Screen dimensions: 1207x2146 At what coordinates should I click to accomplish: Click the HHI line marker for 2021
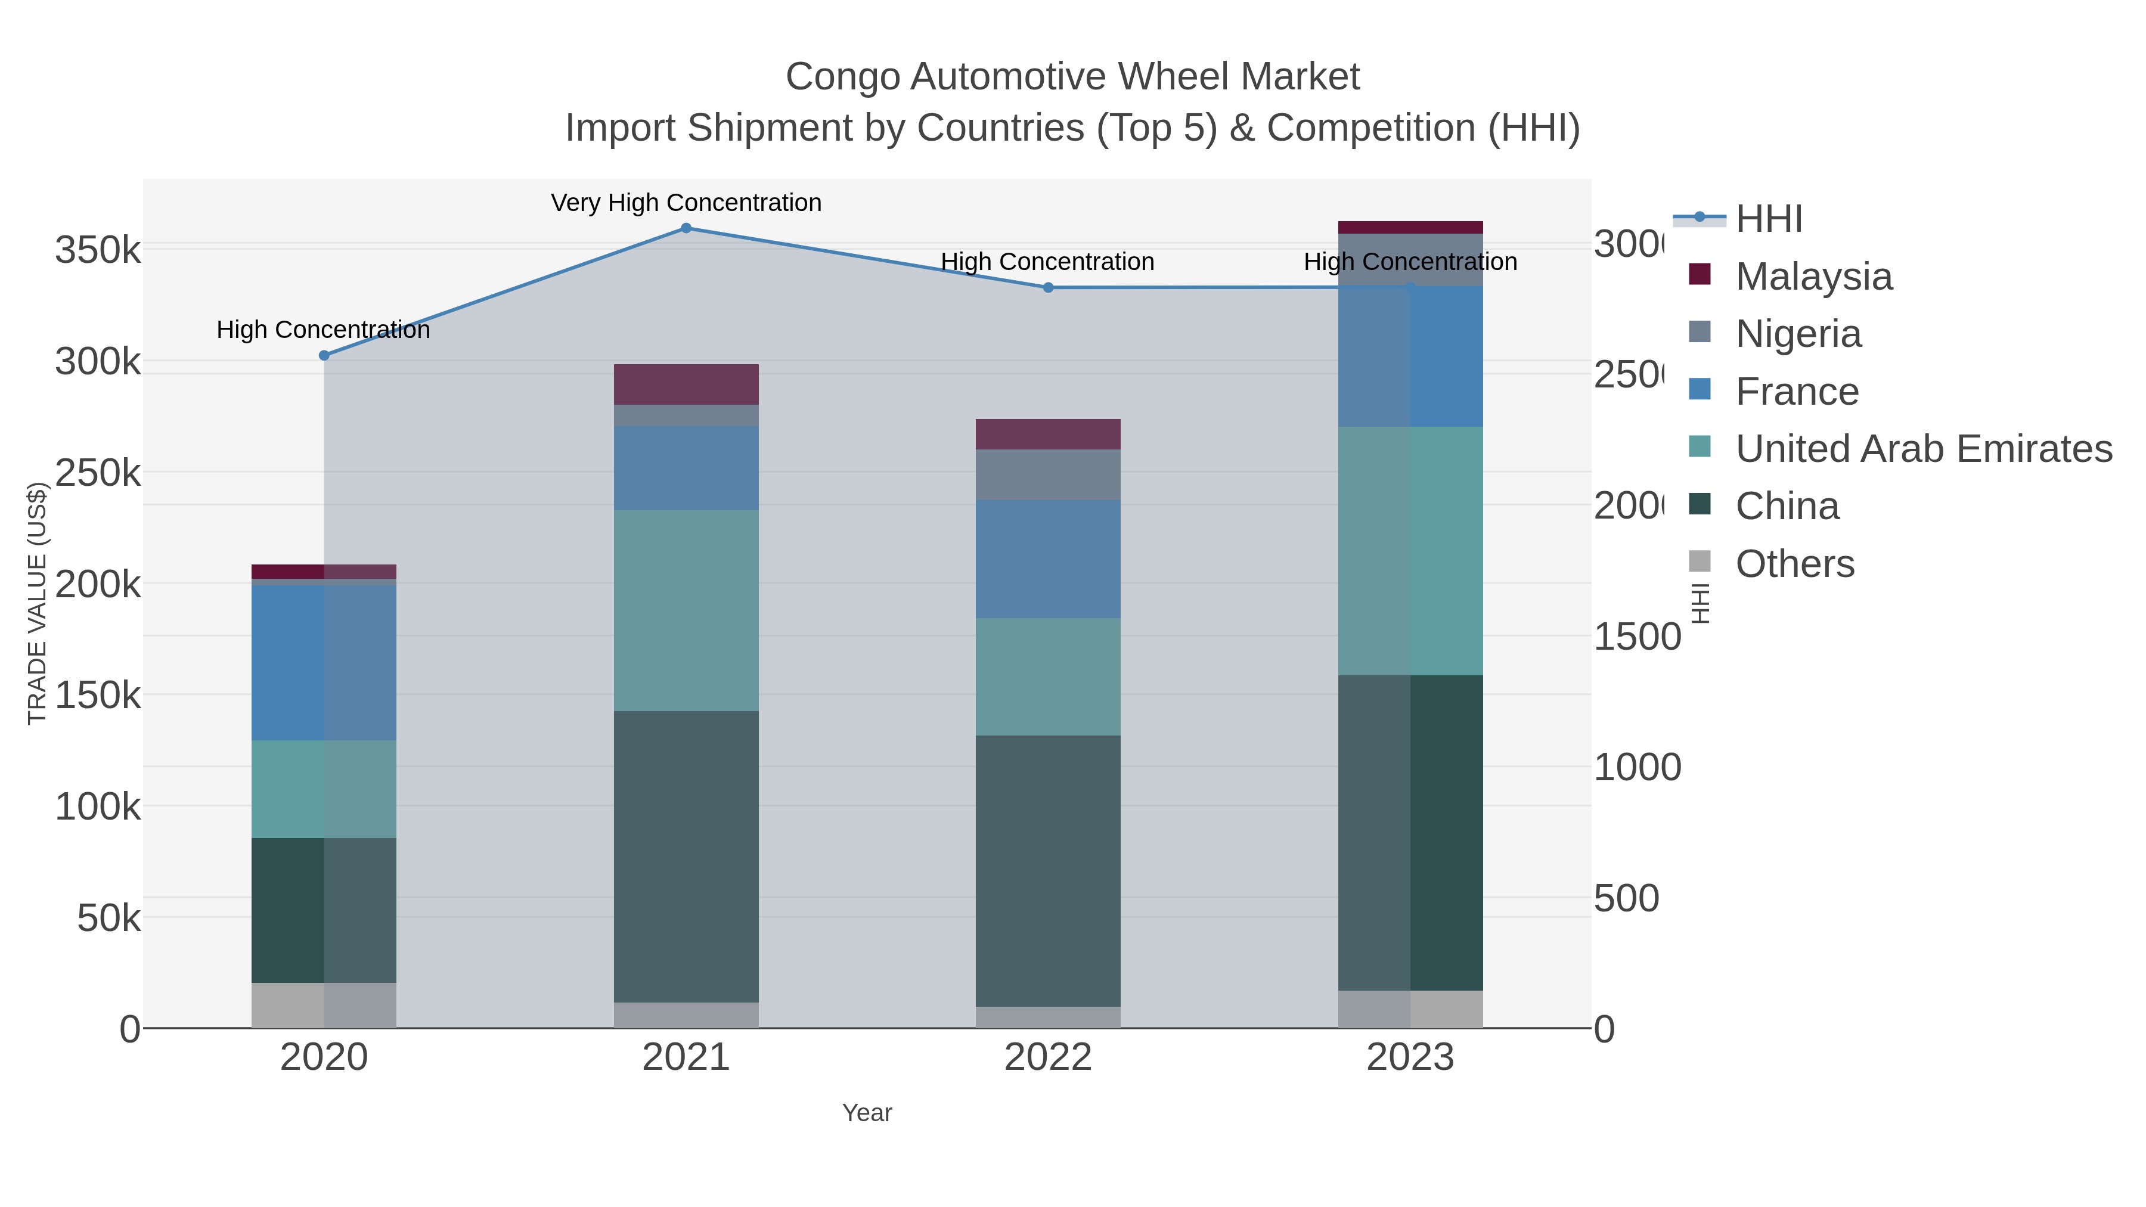tap(686, 228)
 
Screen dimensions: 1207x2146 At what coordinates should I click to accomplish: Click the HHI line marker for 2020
tap(324, 356)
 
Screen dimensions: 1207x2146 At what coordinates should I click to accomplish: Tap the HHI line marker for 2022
tap(1048, 287)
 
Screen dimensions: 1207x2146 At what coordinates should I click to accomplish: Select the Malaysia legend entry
tap(1813, 277)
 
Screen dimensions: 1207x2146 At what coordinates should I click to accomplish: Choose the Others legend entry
tap(1794, 564)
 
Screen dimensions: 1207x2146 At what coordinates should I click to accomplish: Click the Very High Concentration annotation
tap(686, 203)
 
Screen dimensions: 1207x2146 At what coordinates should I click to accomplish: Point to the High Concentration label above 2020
tap(323, 330)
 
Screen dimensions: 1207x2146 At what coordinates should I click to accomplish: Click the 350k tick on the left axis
tap(98, 250)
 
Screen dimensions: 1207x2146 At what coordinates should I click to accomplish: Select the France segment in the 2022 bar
tap(1048, 559)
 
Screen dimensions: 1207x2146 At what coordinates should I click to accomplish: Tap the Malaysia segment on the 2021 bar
tap(686, 384)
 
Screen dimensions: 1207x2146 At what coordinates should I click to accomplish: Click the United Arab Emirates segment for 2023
tap(1410, 551)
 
